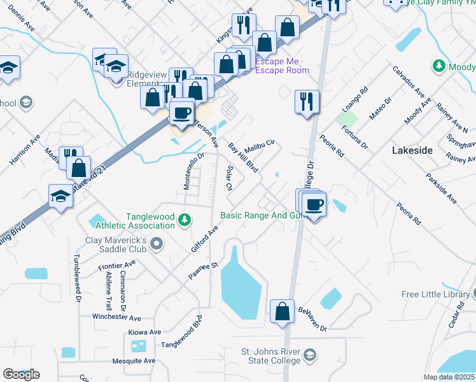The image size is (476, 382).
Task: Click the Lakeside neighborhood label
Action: click(412, 151)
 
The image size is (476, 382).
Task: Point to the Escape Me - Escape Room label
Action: click(282, 66)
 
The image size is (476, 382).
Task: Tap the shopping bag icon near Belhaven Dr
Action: click(282, 312)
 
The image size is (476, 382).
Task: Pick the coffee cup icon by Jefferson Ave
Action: click(183, 112)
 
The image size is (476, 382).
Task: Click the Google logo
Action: click(21, 374)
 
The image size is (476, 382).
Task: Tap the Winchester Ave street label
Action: click(116, 317)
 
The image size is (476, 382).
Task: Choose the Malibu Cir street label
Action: click(260, 146)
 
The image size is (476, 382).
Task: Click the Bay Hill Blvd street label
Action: click(242, 158)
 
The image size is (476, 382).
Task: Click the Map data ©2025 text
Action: click(449, 377)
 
